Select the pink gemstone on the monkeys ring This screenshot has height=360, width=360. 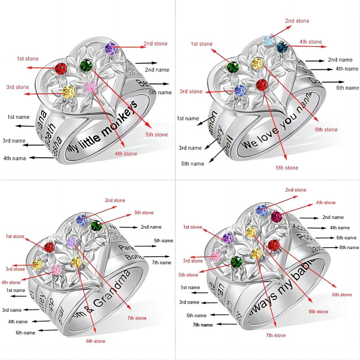[x=90, y=87]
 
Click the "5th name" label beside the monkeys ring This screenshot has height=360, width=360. [x=160, y=92]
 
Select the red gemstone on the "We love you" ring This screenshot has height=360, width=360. [x=262, y=84]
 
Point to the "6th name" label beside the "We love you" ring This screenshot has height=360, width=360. [x=347, y=88]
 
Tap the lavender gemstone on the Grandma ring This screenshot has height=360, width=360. [x=72, y=241]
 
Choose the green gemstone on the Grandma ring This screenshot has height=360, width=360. [x=96, y=225]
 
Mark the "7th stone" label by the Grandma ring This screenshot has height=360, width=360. [x=136, y=318]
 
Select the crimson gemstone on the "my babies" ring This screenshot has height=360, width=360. [x=277, y=217]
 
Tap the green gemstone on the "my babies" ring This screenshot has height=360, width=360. [x=236, y=261]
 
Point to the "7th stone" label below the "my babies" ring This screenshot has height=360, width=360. [x=276, y=335]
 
